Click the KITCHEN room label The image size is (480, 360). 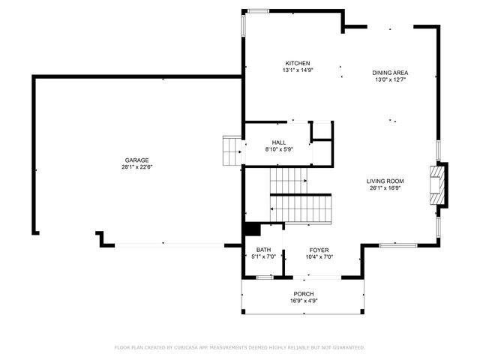click(x=297, y=63)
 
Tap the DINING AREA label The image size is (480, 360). click(x=390, y=73)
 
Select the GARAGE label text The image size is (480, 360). click(x=136, y=160)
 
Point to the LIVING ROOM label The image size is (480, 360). click(x=385, y=181)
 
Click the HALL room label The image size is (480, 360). click(x=279, y=142)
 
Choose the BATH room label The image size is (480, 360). click(x=263, y=250)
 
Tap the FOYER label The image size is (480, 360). click(x=319, y=250)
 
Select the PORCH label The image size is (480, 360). click(x=304, y=293)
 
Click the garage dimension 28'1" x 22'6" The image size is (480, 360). click(x=136, y=167)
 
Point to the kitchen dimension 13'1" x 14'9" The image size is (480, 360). click(x=297, y=70)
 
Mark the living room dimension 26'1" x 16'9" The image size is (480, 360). click(x=385, y=188)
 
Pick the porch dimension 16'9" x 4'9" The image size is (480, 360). click(x=304, y=301)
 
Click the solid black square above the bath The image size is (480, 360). click(x=250, y=231)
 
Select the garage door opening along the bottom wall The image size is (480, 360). click(x=169, y=244)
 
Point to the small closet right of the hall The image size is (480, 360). click(x=322, y=130)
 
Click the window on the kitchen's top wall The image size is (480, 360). click(x=259, y=10)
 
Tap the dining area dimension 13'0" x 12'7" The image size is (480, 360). click(x=390, y=80)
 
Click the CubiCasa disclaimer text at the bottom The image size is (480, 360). click(x=240, y=347)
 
